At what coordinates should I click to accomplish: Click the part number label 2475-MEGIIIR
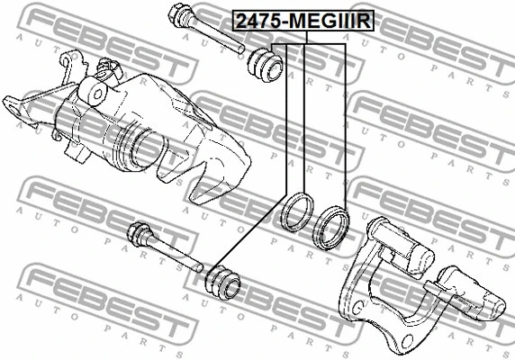[x=303, y=21]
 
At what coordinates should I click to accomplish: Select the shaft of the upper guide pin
[x=216, y=36]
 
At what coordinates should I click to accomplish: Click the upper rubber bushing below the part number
[x=265, y=65]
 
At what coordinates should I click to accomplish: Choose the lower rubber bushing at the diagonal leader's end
[x=222, y=282]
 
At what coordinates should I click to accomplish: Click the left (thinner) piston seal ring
[x=297, y=212]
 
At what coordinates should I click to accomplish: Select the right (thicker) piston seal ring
[x=330, y=228]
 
